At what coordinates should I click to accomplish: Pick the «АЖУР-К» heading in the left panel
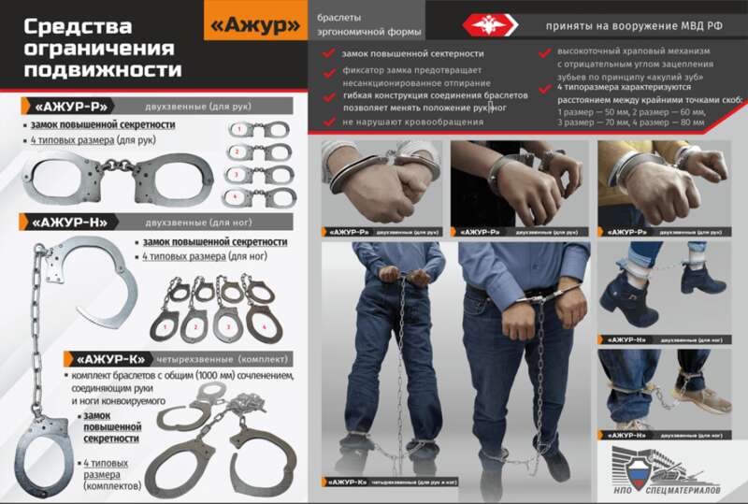108,358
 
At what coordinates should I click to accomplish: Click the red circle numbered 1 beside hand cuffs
239,126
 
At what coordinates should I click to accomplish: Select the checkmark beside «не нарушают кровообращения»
329,122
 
